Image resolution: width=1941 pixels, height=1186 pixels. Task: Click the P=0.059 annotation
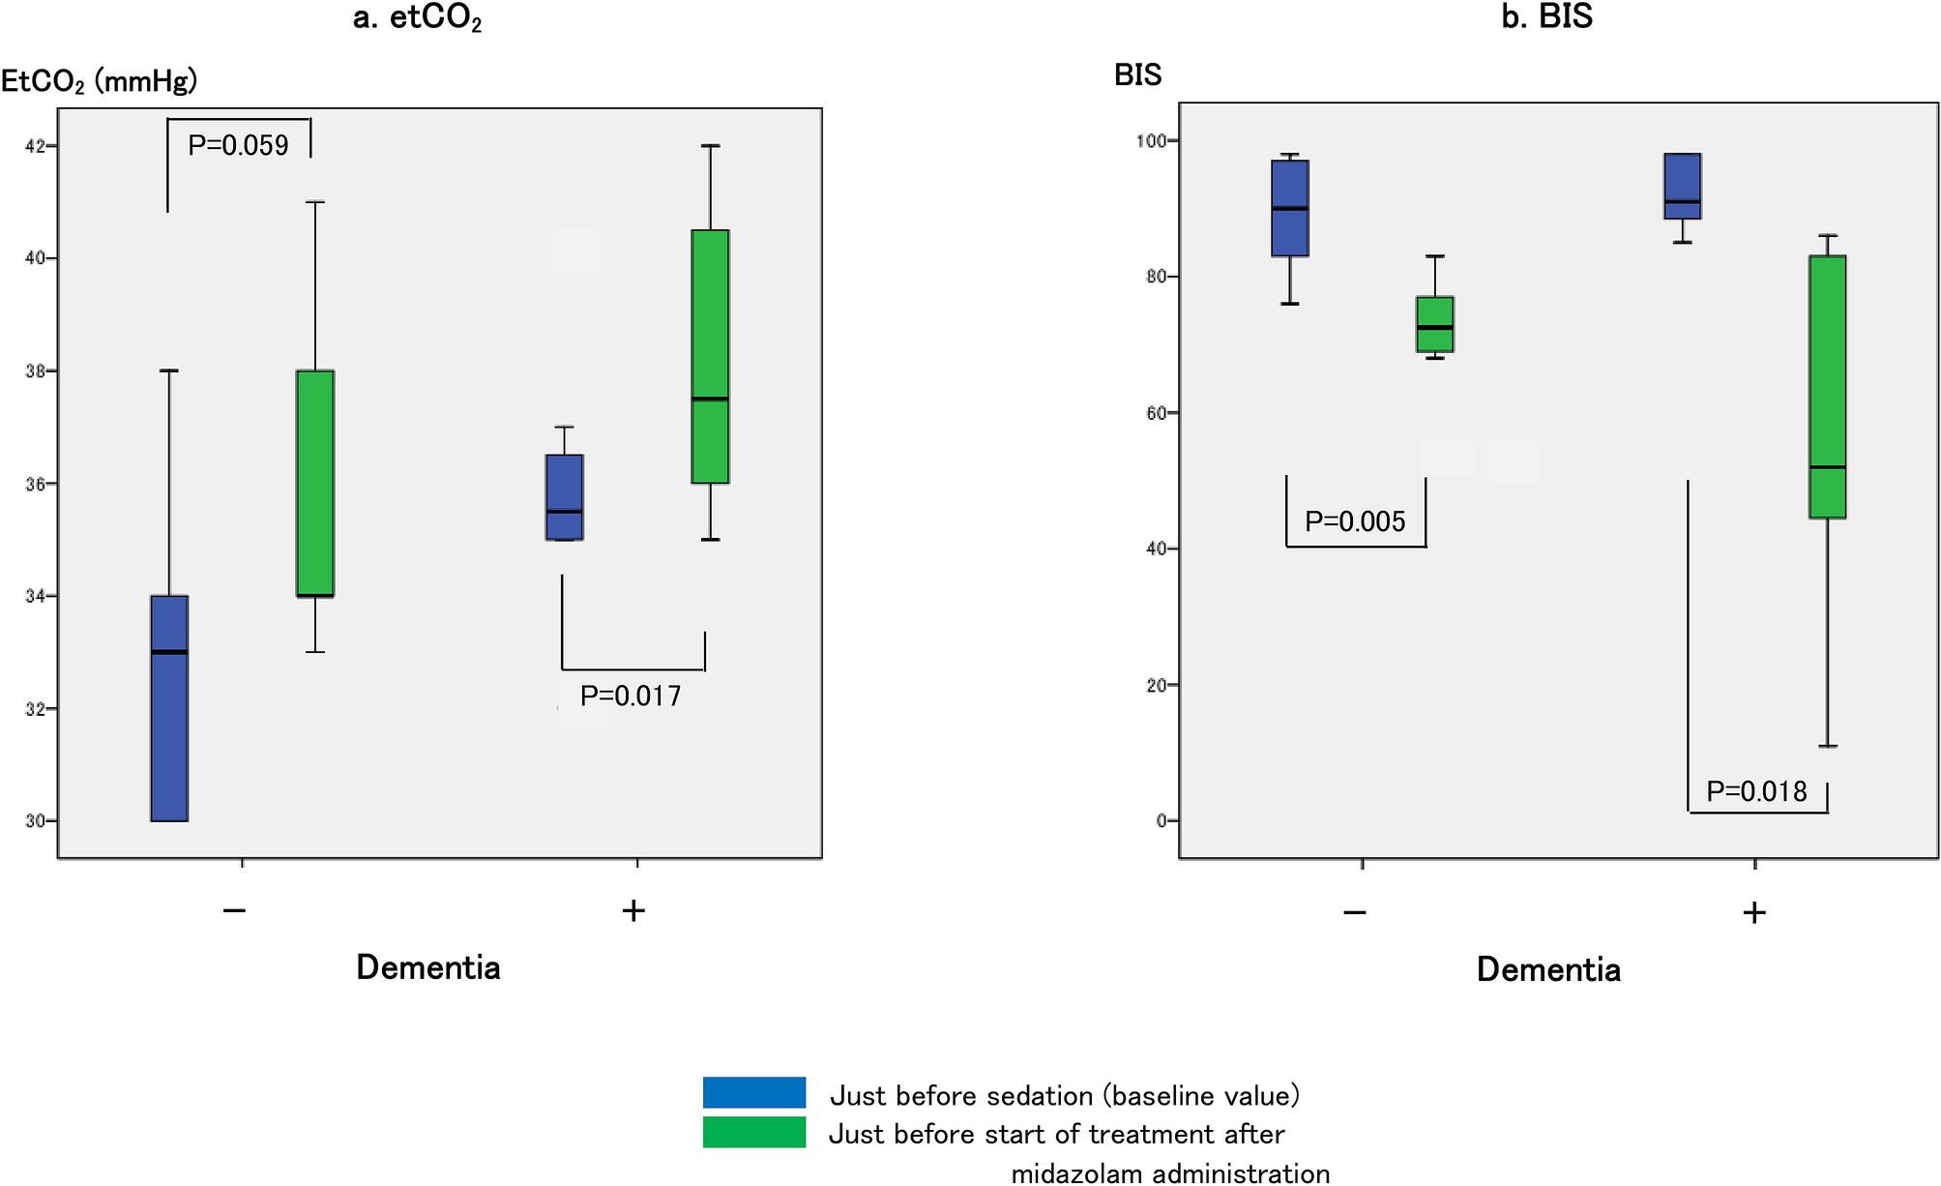[238, 146]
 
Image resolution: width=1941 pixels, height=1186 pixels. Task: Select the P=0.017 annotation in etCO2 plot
[631, 697]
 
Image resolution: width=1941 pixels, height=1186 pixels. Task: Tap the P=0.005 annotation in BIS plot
[1354, 522]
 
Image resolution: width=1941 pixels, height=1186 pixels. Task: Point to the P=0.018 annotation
[1756, 792]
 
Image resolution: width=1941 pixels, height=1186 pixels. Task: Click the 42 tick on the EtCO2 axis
[36, 146]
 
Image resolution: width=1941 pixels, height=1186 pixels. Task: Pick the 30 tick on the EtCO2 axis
[36, 821]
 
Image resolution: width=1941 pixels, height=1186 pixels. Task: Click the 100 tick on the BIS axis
[1151, 141]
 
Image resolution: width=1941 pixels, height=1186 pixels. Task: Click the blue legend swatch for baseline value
[753, 1092]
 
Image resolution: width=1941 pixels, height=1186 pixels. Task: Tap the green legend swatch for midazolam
[753, 1132]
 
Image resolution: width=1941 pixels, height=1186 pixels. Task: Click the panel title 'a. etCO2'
[417, 18]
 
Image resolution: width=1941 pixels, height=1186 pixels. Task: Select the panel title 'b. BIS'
[1546, 16]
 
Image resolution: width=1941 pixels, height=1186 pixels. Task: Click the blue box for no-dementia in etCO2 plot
[169, 708]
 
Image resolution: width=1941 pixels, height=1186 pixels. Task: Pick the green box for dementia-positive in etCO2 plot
[710, 356]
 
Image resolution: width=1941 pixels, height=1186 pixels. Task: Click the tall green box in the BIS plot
[1827, 387]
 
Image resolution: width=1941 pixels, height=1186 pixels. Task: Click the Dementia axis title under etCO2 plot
[428, 967]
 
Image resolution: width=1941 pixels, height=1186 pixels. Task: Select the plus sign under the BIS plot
[1753, 912]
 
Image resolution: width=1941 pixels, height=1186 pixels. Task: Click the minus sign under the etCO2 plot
[234, 910]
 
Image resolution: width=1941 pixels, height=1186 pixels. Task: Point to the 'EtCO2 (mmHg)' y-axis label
[99, 81]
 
